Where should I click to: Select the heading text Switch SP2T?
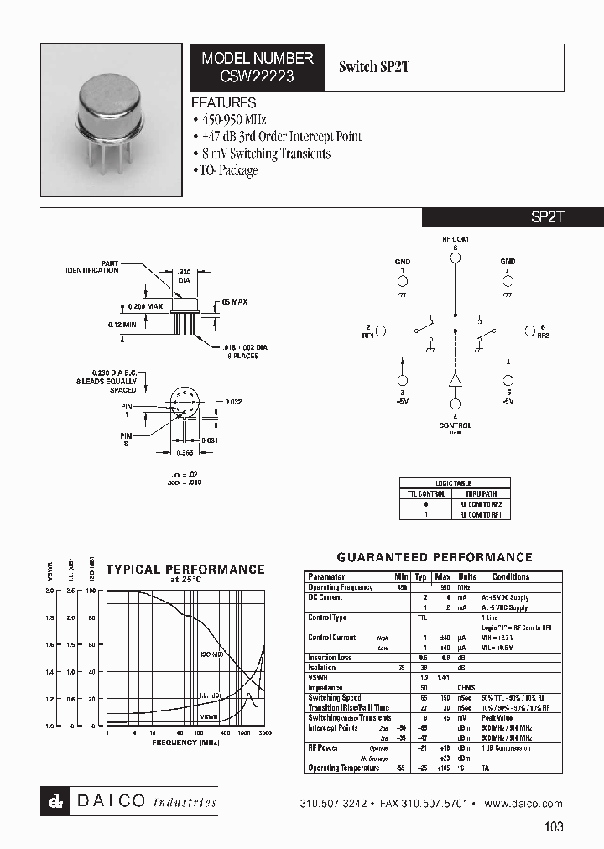coord(374,67)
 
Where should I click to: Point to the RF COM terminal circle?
coord(456,258)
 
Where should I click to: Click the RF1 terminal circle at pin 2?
coord(380,331)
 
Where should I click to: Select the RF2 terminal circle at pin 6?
coord(529,331)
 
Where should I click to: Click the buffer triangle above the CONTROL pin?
coord(456,379)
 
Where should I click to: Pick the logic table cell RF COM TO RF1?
coord(481,513)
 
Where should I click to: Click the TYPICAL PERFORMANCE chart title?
coord(185,570)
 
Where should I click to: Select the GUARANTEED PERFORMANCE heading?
coord(435,557)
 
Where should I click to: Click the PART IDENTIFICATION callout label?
coord(92,268)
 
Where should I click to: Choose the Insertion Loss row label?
coord(328,658)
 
